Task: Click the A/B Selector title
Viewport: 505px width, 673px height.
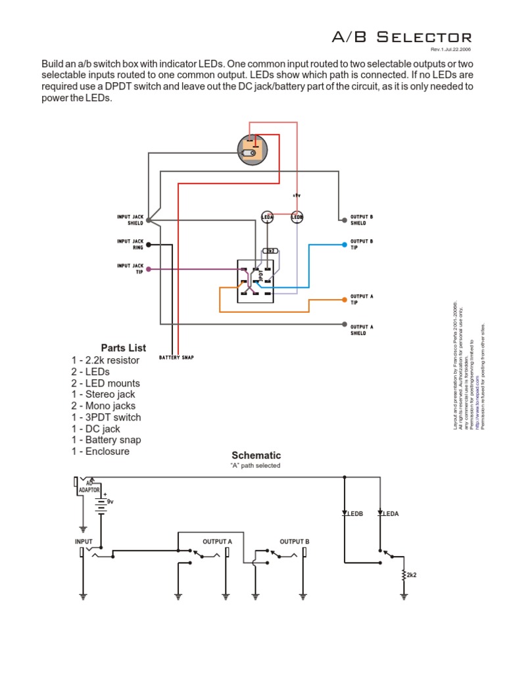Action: pyautogui.click(x=401, y=37)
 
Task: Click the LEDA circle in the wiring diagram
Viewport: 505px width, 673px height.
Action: pyautogui.click(x=268, y=217)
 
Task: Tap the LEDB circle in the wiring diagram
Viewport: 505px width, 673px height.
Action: pyautogui.click(x=297, y=217)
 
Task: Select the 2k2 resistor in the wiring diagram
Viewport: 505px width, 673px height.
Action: pyautogui.click(x=270, y=251)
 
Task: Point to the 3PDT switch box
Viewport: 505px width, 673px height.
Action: pyautogui.click(x=254, y=281)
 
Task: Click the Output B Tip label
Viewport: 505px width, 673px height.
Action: pyautogui.click(x=362, y=244)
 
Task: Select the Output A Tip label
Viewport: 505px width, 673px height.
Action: pyautogui.click(x=362, y=299)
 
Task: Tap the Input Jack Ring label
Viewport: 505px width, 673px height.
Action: pyautogui.click(x=130, y=244)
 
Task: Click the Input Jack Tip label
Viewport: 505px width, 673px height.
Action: pyautogui.click(x=130, y=268)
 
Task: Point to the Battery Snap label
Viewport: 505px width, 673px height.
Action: pyautogui.click(x=176, y=358)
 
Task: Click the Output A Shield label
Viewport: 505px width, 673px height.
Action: pyautogui.click(x=362, y=330)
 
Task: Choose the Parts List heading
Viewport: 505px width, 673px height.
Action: pyautogui.click(x=124, y=348)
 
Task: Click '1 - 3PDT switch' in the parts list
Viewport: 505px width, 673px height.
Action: pyautogui.click(x=106, y=417)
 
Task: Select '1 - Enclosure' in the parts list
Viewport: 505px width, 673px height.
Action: pyautogui.click(x=101, y=452)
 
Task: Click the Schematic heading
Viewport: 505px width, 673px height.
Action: pyautogui.click(x=256, y=455)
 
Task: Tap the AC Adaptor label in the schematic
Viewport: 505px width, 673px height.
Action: pyautogui.click(x=89, y=487)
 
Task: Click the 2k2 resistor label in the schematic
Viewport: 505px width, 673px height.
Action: pyautogui.click(x=412, y=575)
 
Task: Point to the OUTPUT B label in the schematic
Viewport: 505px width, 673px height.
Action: pyautogui.click(x=294, y=542)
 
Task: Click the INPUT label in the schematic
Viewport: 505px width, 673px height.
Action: pyautogui.click(x=84, y=542)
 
